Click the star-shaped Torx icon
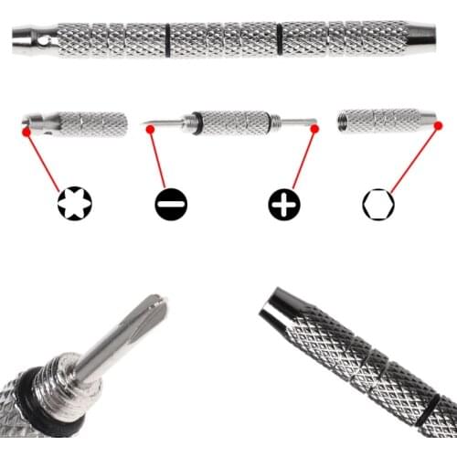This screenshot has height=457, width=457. (74, 203)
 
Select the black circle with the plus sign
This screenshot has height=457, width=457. (284, 203)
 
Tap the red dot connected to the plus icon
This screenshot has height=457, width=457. (314, 129)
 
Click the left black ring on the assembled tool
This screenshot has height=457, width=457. (168, 39)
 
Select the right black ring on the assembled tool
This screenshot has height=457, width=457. (279, 39)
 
